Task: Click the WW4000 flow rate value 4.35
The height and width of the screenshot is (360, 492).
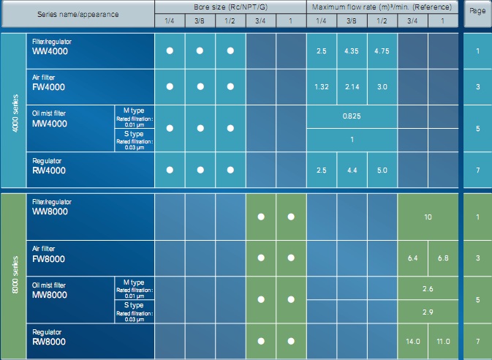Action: pos(352,52)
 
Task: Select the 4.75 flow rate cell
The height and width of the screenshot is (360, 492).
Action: pos(382,52)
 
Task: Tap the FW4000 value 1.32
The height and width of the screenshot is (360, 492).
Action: pos(321,86)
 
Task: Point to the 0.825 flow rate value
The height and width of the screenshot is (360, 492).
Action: pos(352,116)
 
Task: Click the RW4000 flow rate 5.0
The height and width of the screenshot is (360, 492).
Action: pos(382,170)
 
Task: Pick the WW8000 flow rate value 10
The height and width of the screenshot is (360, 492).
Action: pos(428,217)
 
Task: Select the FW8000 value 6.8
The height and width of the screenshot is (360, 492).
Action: pos(442,258)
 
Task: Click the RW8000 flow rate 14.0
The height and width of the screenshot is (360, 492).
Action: pos(412,342)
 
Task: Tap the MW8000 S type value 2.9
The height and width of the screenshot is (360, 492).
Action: pos(428,312)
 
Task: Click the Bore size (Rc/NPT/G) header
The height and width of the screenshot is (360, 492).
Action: pos(230,6)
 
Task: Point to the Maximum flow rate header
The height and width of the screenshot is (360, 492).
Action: pos(382,6)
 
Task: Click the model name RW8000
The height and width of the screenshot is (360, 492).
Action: pos(50,342)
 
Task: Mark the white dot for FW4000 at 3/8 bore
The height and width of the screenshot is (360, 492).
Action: pos(200,86)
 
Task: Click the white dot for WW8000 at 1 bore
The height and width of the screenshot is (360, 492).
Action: pos(291,217)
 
